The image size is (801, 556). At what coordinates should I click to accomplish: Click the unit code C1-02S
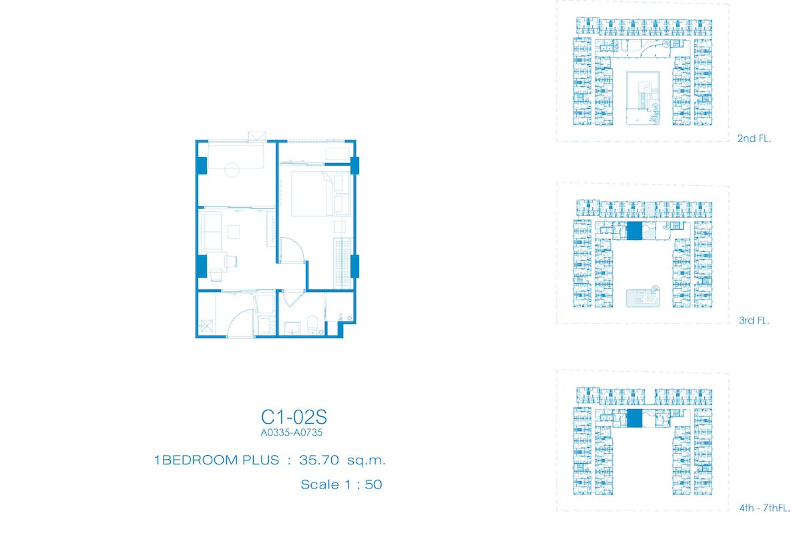click(294, 417)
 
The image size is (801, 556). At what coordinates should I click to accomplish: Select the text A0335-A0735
click(292, 433)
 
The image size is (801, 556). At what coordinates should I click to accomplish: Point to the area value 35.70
click(319, 460)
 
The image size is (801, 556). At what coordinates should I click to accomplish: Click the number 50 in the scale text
click(373, 484)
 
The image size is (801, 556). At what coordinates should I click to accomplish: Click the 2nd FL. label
click(754, 138)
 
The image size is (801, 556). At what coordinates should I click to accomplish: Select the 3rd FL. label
click(754, 320)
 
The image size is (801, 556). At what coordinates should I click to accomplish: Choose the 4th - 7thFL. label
click(764, 508)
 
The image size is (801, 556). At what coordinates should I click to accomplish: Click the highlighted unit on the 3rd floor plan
click(634, 231)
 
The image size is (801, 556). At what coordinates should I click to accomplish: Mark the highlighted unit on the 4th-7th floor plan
click(634, 418)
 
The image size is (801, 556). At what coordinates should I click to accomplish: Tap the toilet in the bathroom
click(312, 325)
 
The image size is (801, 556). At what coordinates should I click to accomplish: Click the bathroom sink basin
click(292, 328)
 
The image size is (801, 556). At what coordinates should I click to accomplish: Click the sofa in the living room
click(210, 231)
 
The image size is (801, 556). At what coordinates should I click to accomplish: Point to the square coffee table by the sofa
click(234, 231)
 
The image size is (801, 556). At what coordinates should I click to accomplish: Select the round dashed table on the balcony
click(232, 170)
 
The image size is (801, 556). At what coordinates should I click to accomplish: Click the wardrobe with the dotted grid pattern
click(342, 263)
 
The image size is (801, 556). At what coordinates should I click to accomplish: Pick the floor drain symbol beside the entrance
click(206, 327)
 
